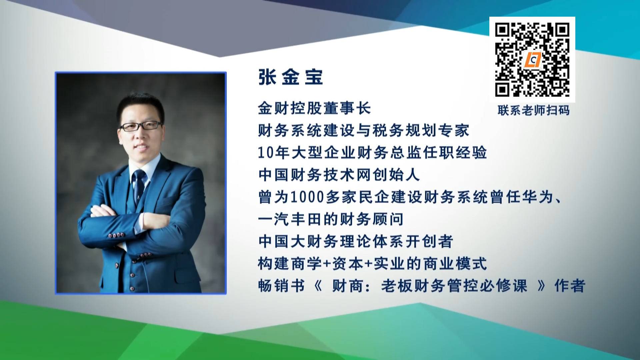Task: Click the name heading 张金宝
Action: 291,77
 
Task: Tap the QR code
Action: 532,60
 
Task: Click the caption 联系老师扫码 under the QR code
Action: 533,110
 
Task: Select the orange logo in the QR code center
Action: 532,60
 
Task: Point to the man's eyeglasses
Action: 141,126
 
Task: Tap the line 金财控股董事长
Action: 314,108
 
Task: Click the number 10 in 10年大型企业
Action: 266,153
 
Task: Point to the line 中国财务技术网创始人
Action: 339,175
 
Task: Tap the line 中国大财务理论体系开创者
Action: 356,241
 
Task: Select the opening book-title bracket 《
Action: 318,286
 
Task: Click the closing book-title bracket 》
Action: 541,286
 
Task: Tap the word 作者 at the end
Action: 570,286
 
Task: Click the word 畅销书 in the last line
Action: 282,286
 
